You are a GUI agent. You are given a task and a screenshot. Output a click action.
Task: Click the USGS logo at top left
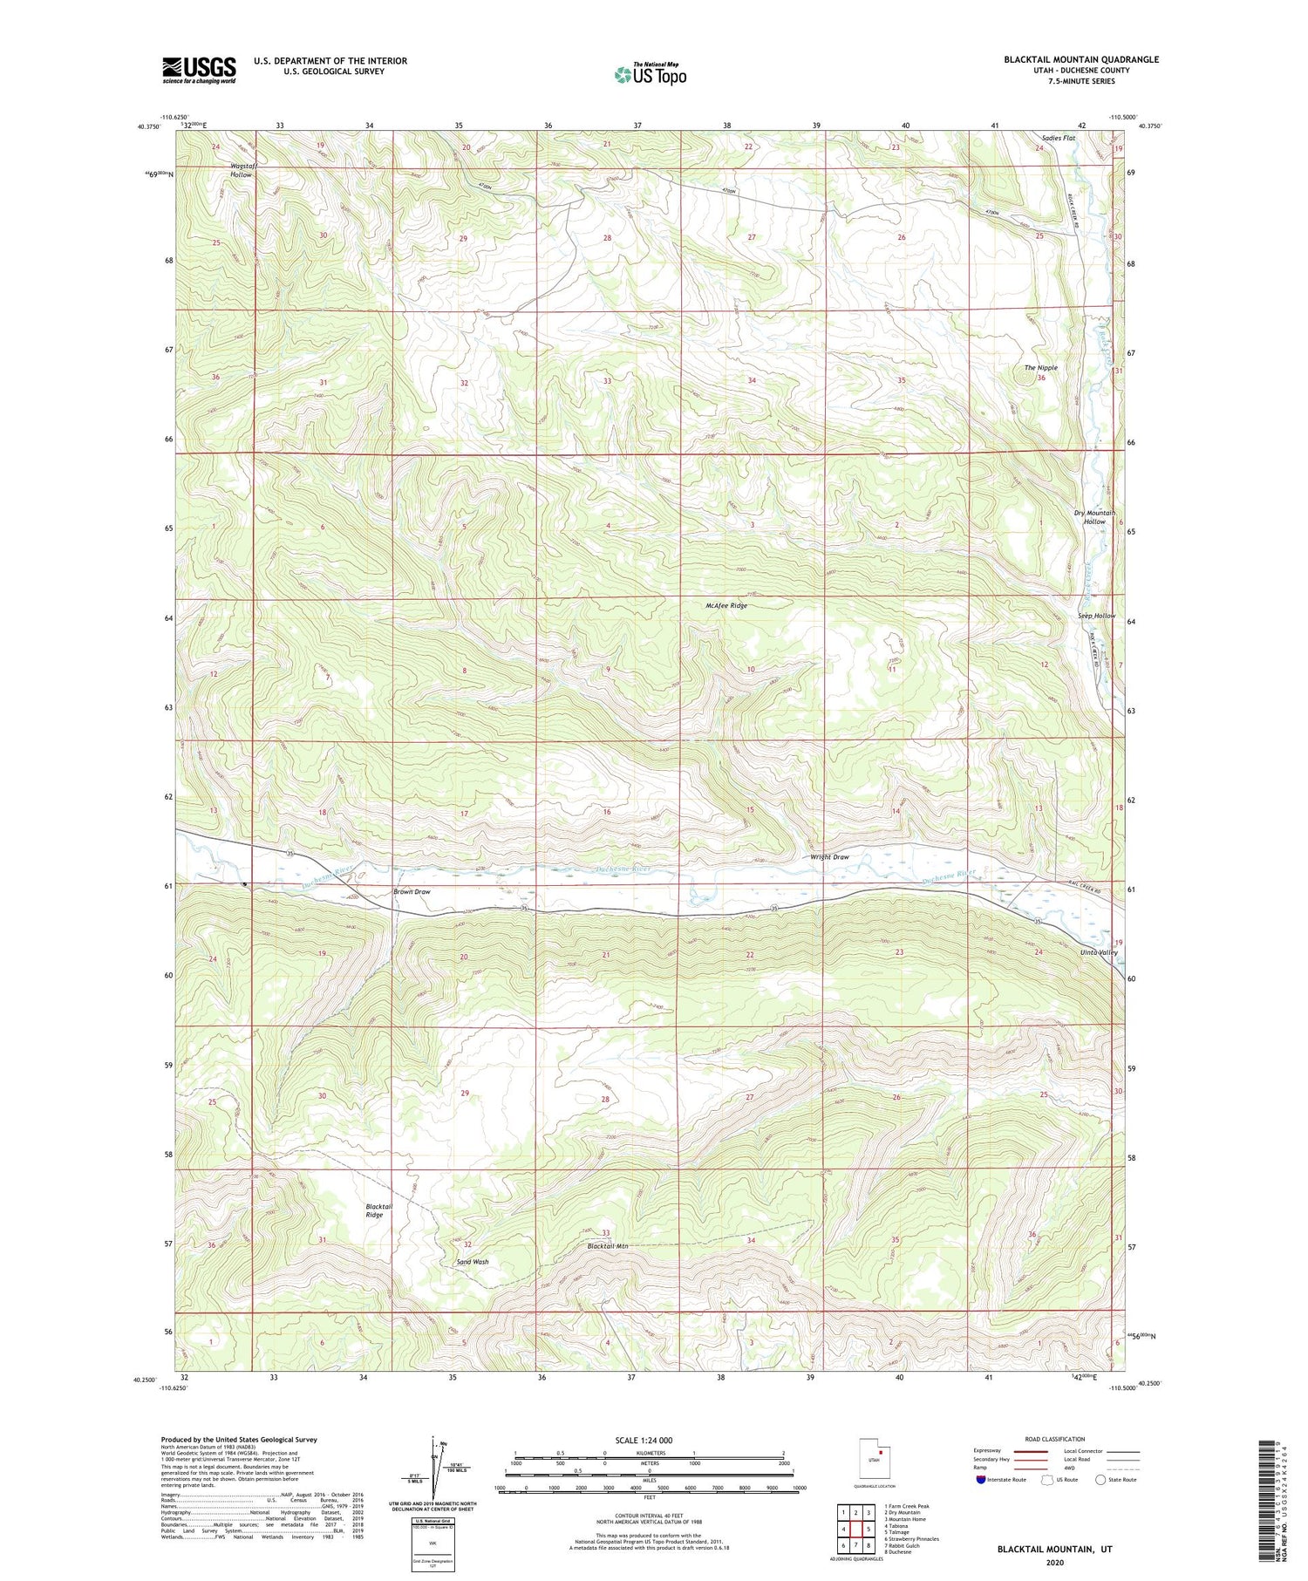[199, 70]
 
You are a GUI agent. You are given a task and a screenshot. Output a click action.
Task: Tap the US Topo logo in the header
[651, 74]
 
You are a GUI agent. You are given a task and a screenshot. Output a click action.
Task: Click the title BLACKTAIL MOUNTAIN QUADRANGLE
[1081, 59]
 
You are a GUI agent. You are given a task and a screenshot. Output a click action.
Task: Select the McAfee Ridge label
[726, 605]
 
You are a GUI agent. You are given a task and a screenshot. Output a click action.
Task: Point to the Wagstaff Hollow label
[242, 170]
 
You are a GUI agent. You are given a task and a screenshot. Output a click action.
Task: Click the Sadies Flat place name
[1059, 138]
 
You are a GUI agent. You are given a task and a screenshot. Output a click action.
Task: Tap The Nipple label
[1040, 368]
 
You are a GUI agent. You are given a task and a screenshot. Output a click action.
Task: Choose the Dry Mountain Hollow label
[1094, 517]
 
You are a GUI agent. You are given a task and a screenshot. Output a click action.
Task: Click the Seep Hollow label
[1096, 616]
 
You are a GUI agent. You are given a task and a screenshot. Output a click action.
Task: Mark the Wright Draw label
[829, 857]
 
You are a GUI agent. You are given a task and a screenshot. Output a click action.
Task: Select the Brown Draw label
[412, 892]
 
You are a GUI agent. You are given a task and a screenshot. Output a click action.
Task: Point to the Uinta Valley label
[1097, 952]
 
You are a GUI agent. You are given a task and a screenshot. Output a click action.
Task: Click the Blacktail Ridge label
[378, 1210]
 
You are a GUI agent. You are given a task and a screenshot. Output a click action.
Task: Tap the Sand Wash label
[473, 1262]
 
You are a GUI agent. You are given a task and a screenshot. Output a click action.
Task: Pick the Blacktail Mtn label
[608, 1246]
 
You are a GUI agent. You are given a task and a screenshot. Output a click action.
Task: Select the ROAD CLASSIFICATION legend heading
[1055, 1439]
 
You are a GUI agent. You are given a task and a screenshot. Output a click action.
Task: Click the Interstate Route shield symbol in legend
[981, 1480]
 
